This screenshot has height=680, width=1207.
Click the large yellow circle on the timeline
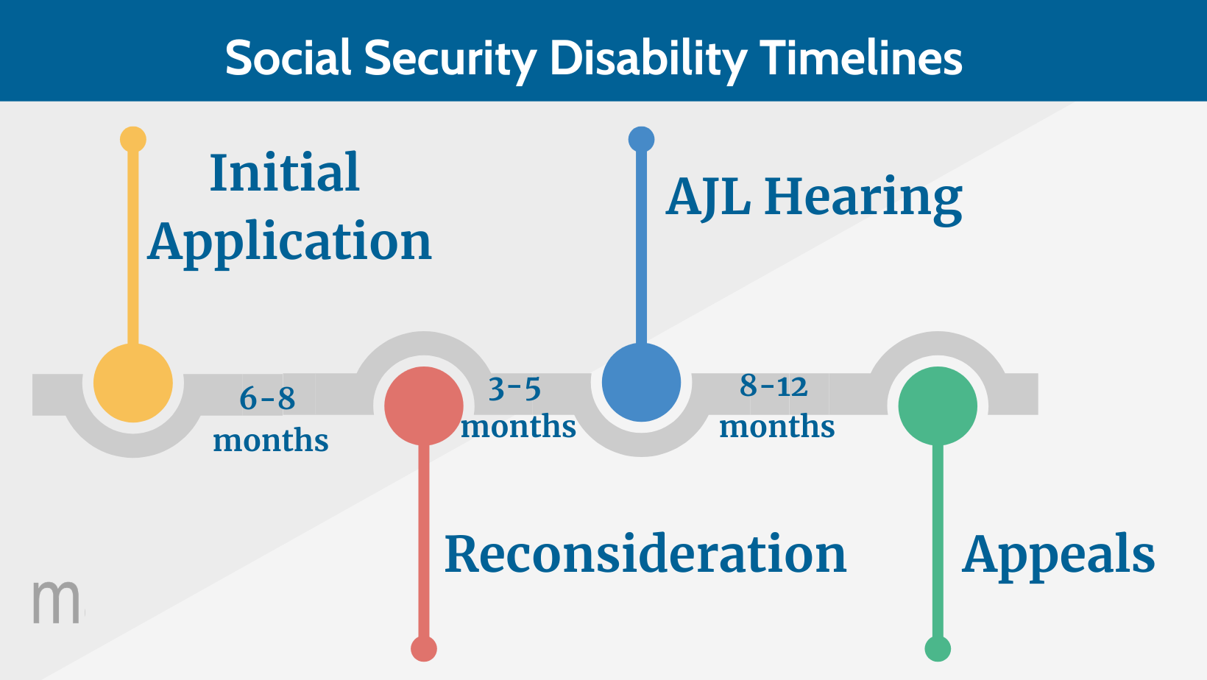[133, 383]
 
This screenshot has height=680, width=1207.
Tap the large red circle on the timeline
[424, 406]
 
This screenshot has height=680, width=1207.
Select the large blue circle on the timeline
[641, 383]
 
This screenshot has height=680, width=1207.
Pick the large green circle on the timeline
[938, 406]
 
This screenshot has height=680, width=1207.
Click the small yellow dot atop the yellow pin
[133, 139]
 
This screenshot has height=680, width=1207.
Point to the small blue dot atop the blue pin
[641, 139]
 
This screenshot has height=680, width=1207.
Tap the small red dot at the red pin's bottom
[424, 649]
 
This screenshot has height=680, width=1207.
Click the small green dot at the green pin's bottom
[938, 649]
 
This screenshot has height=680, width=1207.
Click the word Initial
[285, 173]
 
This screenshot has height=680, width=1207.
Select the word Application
[289, 243]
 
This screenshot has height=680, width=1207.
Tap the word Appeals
[1058, 556]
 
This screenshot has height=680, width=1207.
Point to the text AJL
[708, 197]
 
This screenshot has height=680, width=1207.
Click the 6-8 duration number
[267, 399]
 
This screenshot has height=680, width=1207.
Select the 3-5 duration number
[514, 389]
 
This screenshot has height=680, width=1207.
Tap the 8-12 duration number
[774, 386]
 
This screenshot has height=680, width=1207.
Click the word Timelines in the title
[861, 57]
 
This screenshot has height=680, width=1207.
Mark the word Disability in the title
[648, 59]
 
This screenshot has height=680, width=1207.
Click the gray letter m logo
[56, 602]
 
